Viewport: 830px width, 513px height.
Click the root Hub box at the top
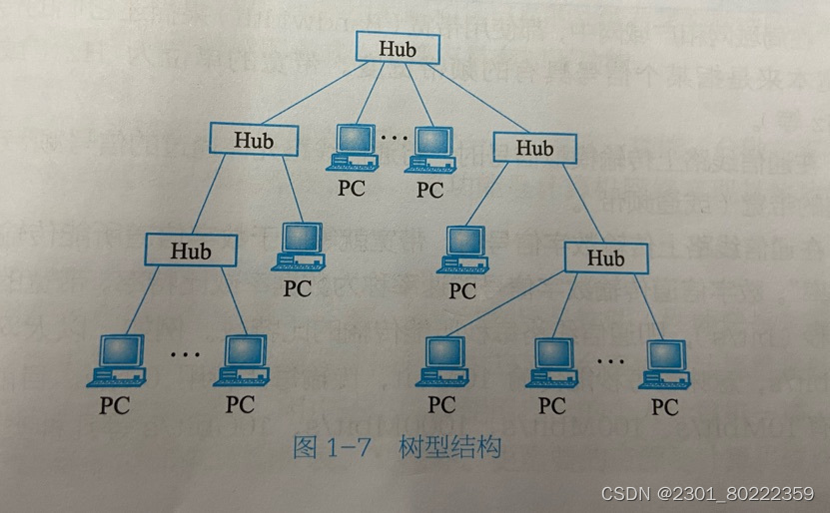point(396,47)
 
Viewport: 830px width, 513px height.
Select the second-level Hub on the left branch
point(254,139)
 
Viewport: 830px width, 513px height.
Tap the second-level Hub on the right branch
point(534,148)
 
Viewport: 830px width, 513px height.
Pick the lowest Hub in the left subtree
point(191,250)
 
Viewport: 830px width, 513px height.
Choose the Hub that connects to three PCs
point(605,257)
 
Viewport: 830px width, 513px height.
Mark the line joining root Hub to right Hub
point(469,100)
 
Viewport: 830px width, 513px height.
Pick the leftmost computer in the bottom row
point(119,359)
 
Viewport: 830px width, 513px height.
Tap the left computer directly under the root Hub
point(353,148)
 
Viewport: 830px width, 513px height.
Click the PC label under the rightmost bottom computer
point(665,407)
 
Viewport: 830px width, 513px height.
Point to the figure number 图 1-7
point(331,447)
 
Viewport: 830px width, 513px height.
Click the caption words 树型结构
point(448,446)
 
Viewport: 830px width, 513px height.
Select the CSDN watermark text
point(706,492)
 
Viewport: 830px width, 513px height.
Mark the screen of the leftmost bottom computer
point(121,350)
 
